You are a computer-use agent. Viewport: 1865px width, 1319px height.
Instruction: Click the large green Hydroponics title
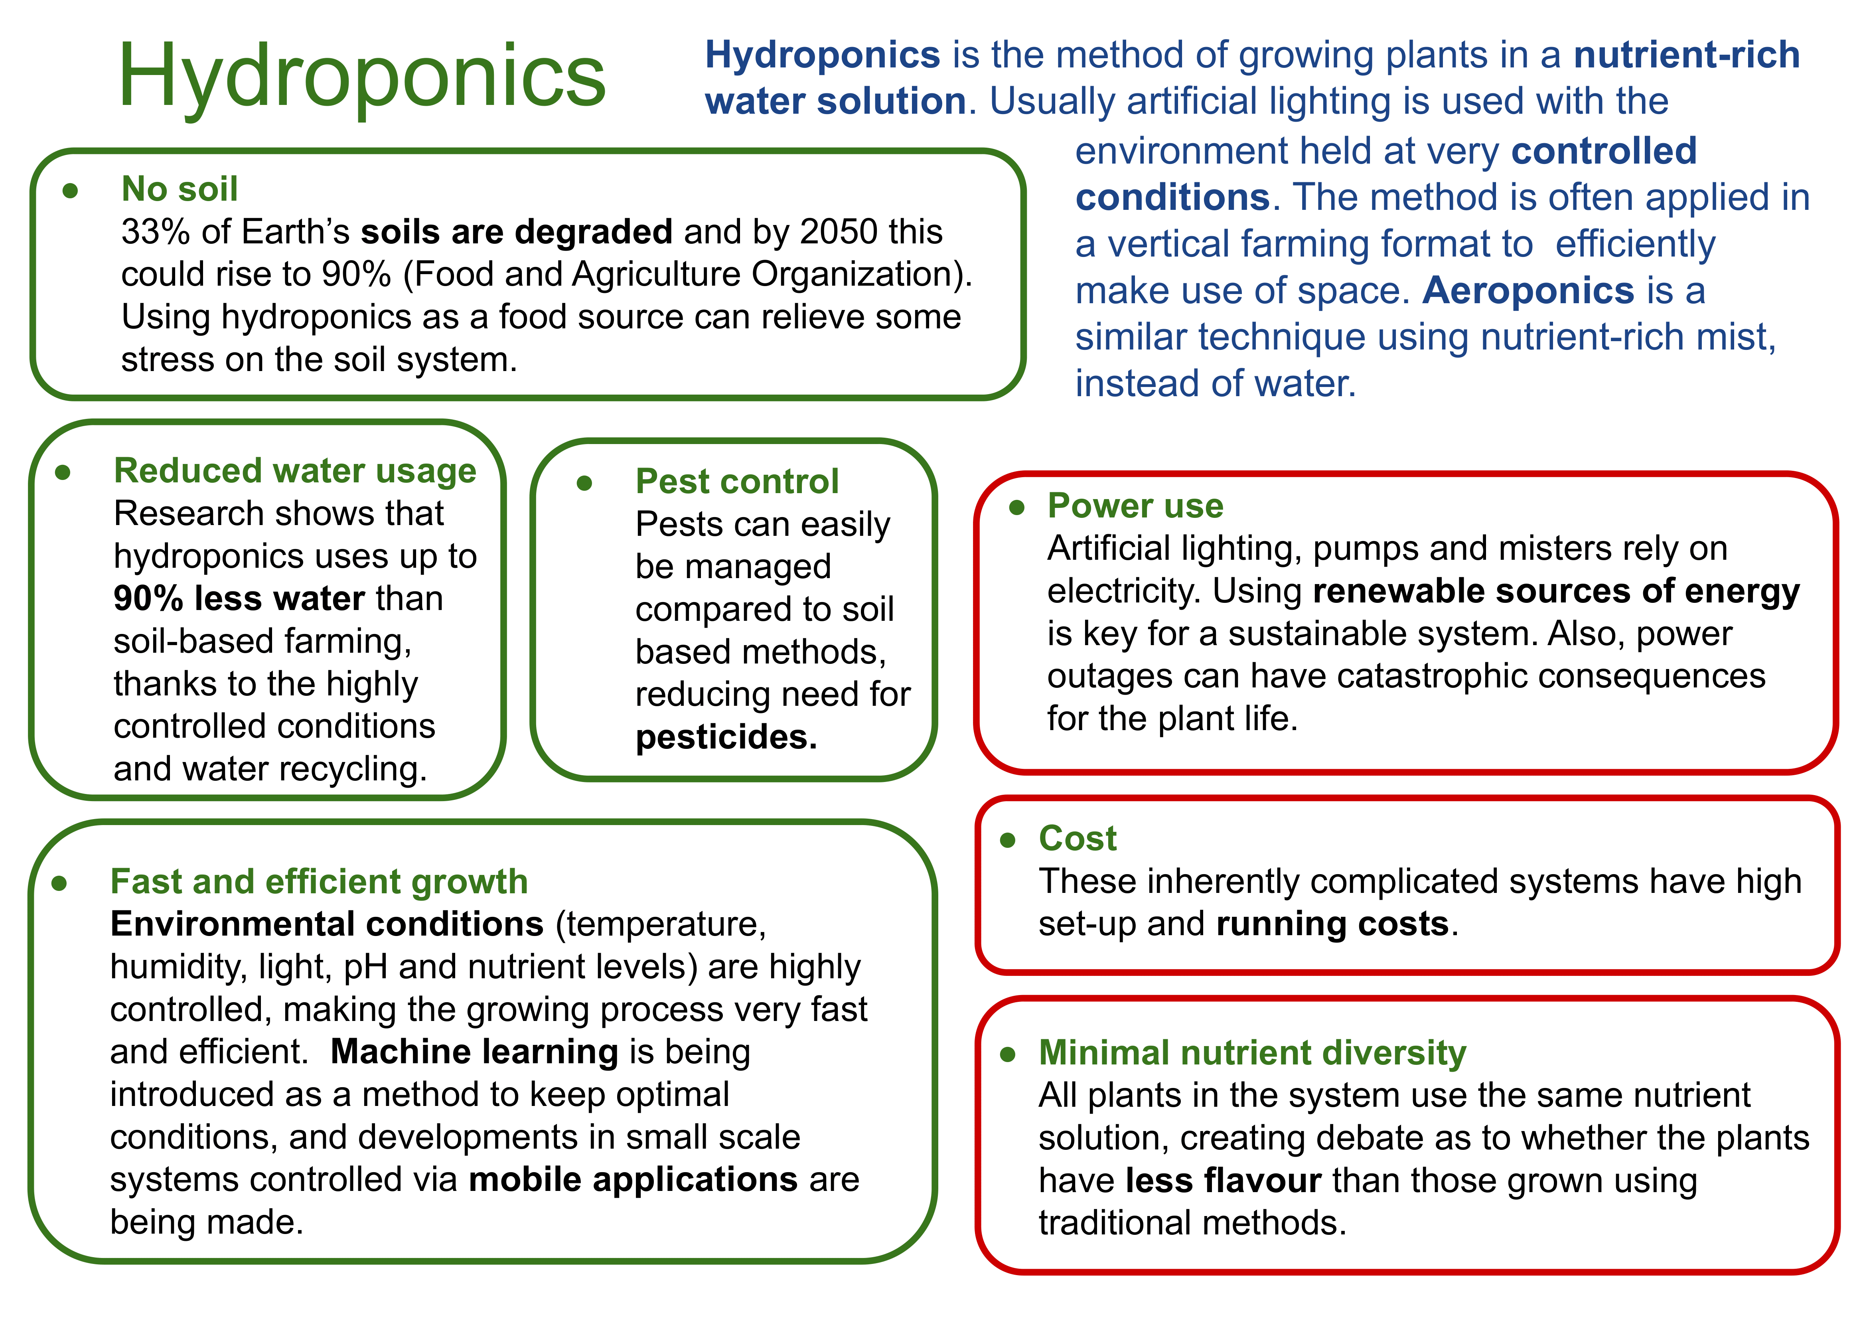point(362,77)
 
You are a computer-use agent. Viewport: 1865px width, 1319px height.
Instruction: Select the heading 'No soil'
point(180,189)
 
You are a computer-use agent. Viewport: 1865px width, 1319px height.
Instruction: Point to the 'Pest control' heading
point(737,482)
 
